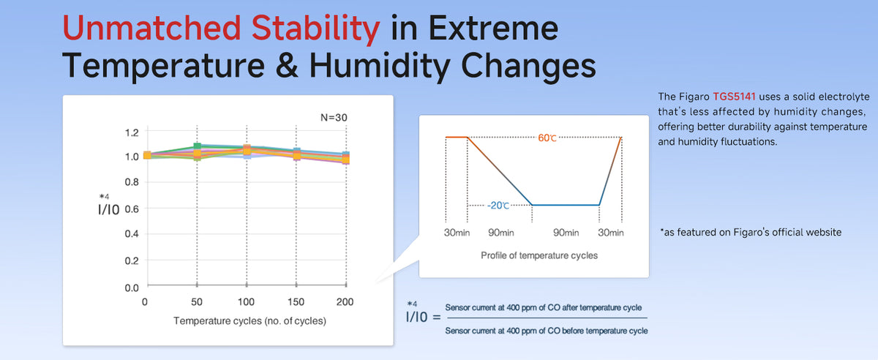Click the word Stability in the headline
click(315, 29)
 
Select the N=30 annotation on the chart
click(334, 117)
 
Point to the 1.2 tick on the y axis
click(132, 132)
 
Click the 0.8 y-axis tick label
click(132, 182)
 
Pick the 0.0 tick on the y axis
click(132, 288)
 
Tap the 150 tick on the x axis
click(296, 302)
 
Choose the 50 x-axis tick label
click(197, 302)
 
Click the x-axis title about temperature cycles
click(249, 320)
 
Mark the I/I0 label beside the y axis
click(108, 209)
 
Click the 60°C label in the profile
click(547, 138)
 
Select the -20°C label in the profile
click(498, 206)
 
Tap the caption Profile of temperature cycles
click(539, 255)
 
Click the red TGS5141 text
click(734, 97)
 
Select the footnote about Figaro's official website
click(751, 232)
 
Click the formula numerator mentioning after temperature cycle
click(543, 307)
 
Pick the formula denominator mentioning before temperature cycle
click(547, 331)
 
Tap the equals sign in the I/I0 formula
click(436, 318)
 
